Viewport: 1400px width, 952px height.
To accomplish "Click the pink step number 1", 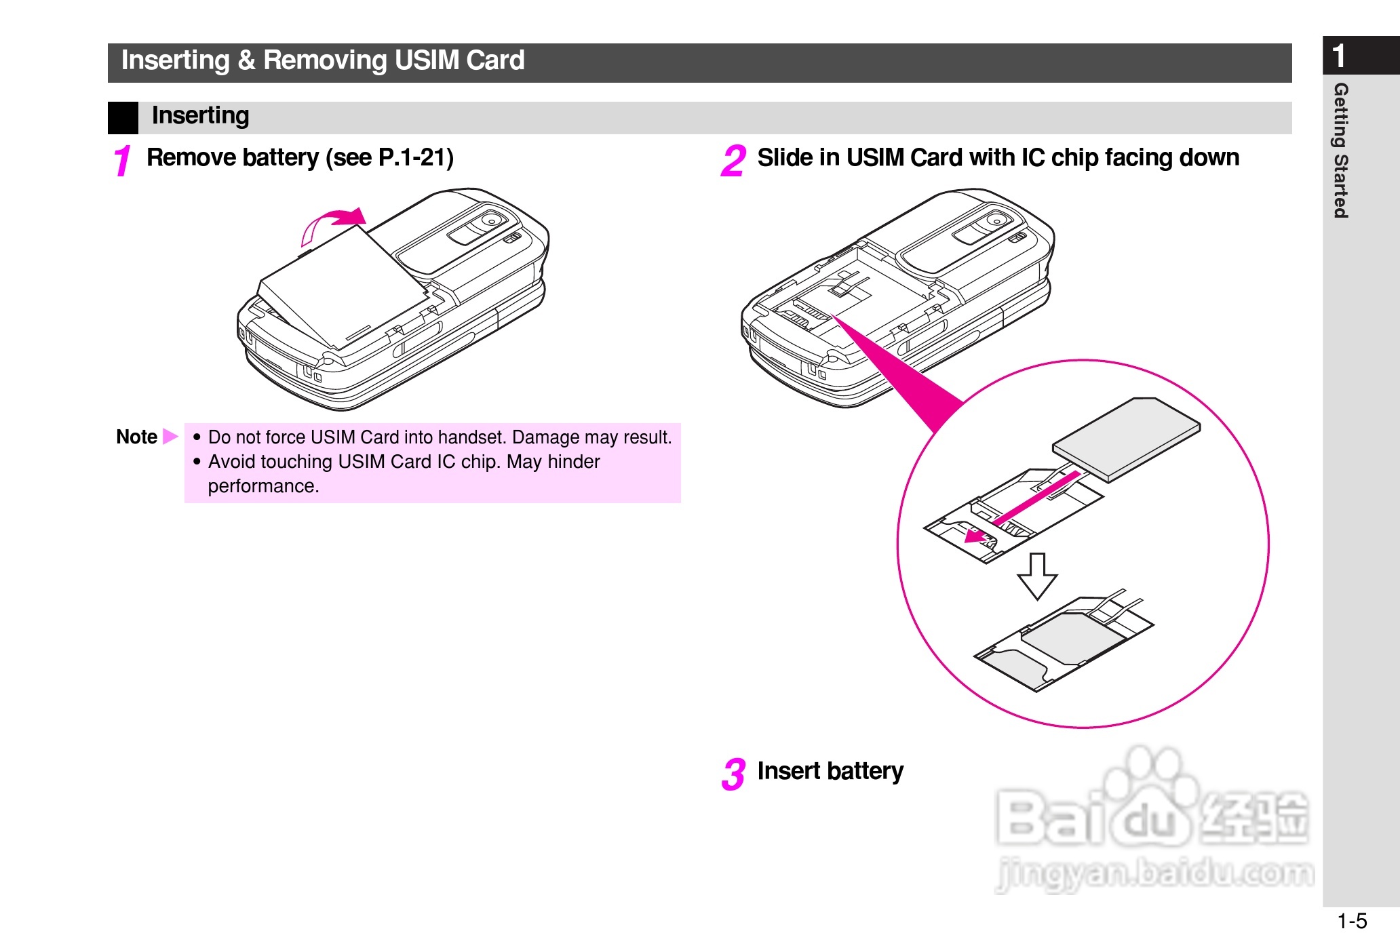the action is click(122, 161).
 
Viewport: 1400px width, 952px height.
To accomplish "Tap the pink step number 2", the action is click(733, 161).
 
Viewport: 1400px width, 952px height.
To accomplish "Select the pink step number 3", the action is click(733, 774).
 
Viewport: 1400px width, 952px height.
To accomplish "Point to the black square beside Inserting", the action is click(123, 117).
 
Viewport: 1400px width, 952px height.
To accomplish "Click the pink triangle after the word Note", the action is click(170, 436).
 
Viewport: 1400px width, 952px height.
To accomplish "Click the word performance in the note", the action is click(263, 486).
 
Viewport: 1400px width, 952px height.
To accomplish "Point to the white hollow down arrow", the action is click(1037, 576).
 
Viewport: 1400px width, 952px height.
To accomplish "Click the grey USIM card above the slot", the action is click(1126, 439).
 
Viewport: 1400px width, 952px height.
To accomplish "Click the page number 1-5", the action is click(1352, 921).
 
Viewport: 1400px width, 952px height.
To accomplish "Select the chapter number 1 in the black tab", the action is click(1339, 56).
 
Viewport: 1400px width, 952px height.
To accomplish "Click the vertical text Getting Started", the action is click(1340, 151).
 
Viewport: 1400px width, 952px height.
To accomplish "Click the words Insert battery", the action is click(830, 771).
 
